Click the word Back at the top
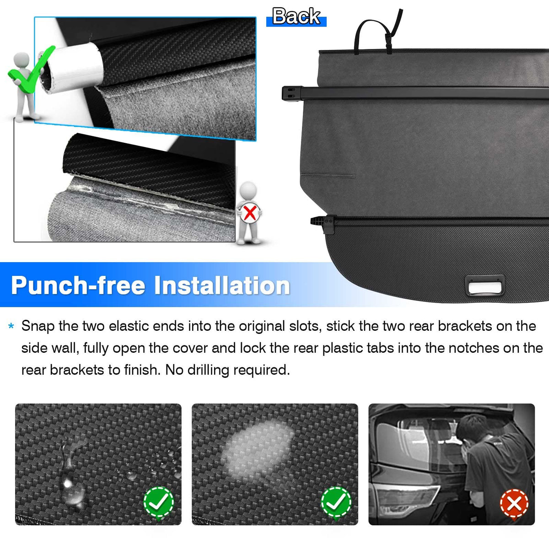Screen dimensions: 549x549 (296, 16)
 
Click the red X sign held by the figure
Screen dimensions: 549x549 (250, 213)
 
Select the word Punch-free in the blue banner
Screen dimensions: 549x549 (78, 286)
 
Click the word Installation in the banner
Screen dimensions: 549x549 (222, 285)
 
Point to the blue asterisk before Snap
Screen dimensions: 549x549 (11, 326)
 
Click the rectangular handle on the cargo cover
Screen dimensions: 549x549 (484, 285)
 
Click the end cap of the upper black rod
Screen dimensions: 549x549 (292, 93)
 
